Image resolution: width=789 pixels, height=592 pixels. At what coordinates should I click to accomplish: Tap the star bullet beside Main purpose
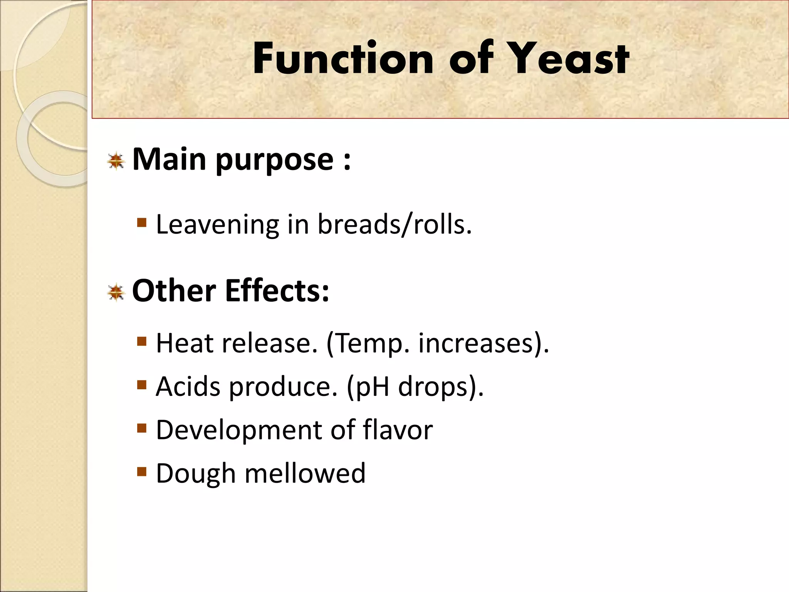(x=116, y=161)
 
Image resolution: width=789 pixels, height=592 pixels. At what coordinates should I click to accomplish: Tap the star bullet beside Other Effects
(x=116, y=293)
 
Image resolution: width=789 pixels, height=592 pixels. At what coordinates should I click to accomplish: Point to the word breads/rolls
(x=394, y=225)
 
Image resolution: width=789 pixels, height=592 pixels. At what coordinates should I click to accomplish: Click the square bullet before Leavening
(x=142, y=222)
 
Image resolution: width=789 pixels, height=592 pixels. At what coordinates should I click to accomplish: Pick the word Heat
(x=185, y=343)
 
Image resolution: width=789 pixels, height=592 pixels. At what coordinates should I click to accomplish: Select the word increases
(x=479, y=343)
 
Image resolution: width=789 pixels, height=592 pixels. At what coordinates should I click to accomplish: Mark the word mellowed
(x=305, y=473)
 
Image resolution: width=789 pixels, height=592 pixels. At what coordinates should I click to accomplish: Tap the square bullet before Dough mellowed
(x=142, y=471)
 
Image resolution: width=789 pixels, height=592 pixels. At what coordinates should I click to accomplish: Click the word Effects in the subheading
(x=277, y=291)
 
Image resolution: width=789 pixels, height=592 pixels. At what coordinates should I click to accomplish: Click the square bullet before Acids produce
(x=142, y=384)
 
